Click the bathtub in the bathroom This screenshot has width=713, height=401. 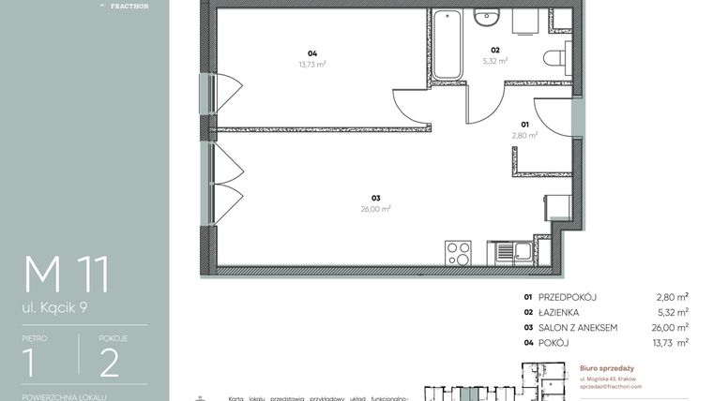point(447,44)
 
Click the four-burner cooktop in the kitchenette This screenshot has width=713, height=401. point(458,252)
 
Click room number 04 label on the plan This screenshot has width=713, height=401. point(311,53)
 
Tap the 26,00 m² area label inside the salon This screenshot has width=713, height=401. point(379,209)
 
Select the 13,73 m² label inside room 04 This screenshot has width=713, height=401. point(311,65)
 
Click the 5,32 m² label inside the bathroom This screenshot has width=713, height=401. point(494,61)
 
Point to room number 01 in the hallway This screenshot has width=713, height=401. point(525,124)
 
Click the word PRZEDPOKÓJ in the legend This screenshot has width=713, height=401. point(569,297)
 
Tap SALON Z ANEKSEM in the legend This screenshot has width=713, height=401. point(578,327)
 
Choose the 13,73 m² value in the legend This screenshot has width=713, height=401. point(671,342)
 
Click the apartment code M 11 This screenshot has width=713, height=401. point(67,274)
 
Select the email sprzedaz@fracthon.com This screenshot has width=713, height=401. point(611,386)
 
